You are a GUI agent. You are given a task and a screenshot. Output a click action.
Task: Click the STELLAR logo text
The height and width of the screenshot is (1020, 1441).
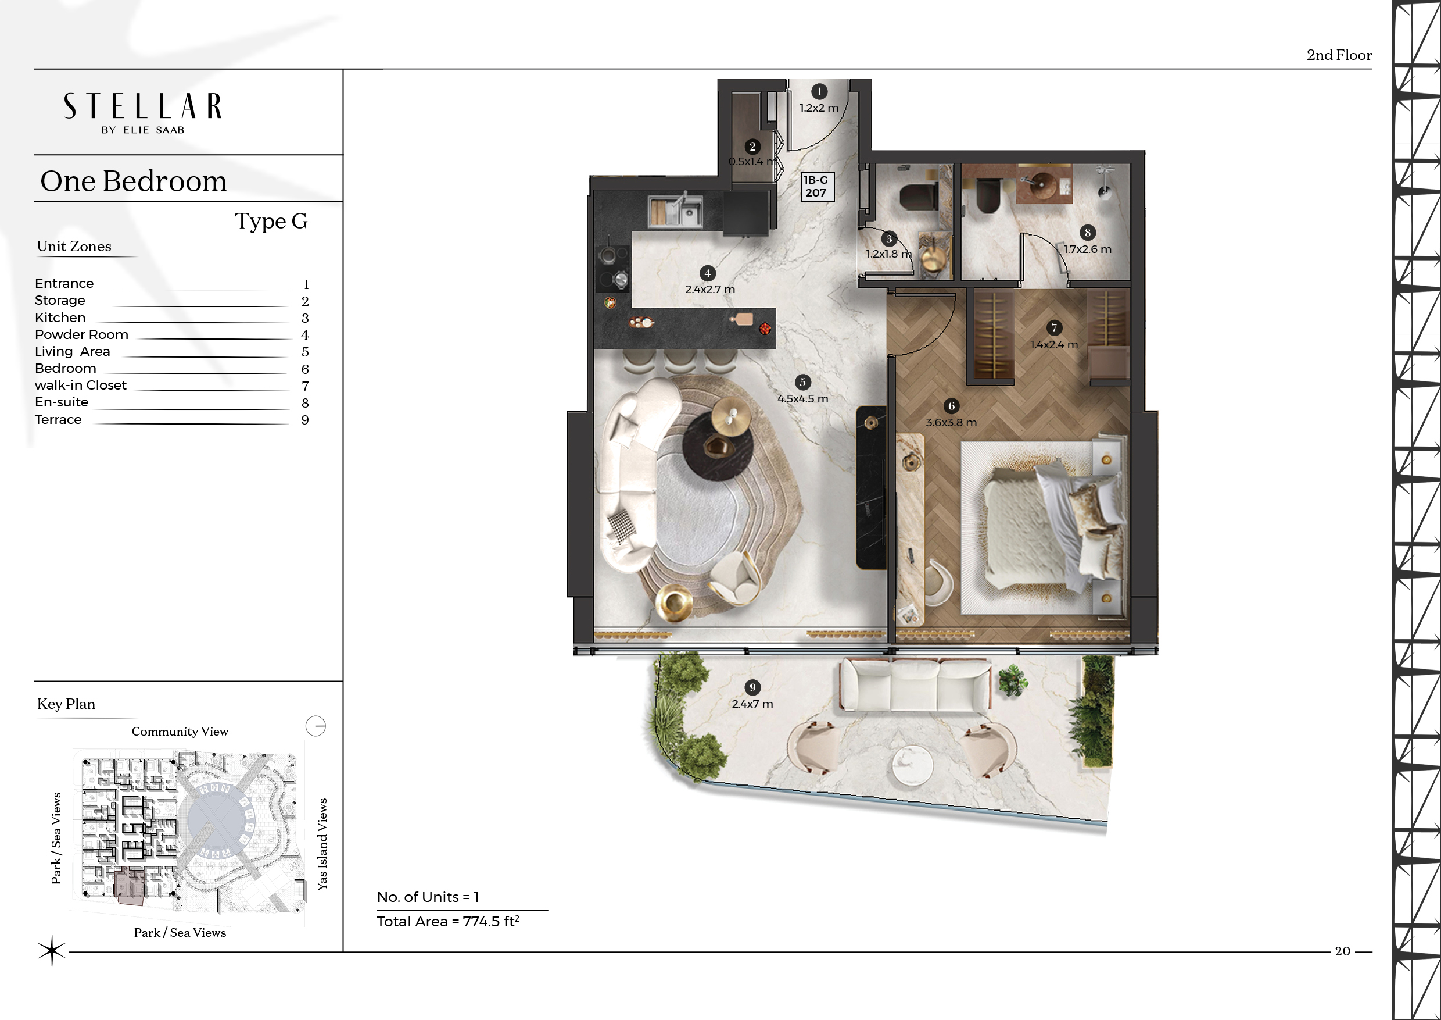142,106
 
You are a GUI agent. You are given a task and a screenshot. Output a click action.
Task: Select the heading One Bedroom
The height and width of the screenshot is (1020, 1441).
133,181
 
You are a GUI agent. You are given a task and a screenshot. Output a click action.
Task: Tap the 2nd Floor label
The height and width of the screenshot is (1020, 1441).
1339,55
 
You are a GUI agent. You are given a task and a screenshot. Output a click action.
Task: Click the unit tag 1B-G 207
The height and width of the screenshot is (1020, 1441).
816,187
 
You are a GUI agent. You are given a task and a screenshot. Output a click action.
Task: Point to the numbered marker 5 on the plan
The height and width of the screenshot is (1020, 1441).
802,382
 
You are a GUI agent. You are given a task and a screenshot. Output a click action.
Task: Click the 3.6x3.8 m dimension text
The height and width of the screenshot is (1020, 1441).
951,423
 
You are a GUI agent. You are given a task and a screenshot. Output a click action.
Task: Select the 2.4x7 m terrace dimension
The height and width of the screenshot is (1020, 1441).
752,704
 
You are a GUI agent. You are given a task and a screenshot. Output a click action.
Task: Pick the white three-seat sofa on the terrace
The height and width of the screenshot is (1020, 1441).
915,684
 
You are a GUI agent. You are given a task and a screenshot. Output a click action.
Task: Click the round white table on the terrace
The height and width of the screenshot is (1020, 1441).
913,765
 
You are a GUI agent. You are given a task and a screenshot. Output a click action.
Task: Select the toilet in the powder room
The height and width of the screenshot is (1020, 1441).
919,197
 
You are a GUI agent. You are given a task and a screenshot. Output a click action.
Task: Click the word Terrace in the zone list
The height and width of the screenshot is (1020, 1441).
58,419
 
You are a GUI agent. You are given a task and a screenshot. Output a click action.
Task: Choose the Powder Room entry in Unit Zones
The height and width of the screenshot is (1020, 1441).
81,335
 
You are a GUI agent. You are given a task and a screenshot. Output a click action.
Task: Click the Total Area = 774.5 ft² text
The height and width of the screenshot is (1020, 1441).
448,921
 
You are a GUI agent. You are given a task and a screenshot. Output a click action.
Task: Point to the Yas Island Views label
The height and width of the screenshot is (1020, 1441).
322,844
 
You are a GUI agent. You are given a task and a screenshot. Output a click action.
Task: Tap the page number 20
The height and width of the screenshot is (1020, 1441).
1342,951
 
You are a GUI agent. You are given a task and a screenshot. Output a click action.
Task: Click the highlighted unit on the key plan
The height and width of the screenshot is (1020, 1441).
130,886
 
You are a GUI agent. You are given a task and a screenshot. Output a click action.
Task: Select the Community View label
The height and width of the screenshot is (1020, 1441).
180,732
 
